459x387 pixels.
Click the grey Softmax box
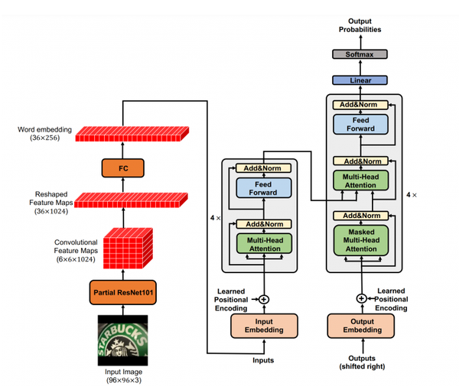click(x=360, y=54)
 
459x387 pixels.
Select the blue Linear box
click(x=360, y=80)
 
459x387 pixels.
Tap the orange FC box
click(x=123, y=168)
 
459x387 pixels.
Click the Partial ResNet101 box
click(x=123, y=292)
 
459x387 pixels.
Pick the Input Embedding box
click(x=264, y=326)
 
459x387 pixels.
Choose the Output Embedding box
click(x=361, y=326)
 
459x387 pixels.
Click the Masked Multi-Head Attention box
click(x=361, y=240)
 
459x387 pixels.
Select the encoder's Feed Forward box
click(x=264, y=188)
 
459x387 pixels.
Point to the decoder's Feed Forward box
click(x=360, y=125)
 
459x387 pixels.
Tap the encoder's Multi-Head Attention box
click(x=265, y=243)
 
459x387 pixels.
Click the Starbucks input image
click(x=122, y=340)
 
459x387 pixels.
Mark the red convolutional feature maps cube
click(x=128, y=249)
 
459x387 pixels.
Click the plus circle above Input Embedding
click(x=264, y=300)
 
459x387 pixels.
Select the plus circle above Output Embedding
click(x=362, y=298)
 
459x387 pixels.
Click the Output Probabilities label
click(x=360, y=25)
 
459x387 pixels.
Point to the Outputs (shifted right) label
click(x=362, y=363)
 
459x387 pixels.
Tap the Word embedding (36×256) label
click(x=45, y=134)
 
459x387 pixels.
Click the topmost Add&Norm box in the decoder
click(x=360, y=105)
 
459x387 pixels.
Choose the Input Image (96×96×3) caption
click(x=123, y=376)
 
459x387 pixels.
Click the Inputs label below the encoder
click(x=263, y=360)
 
